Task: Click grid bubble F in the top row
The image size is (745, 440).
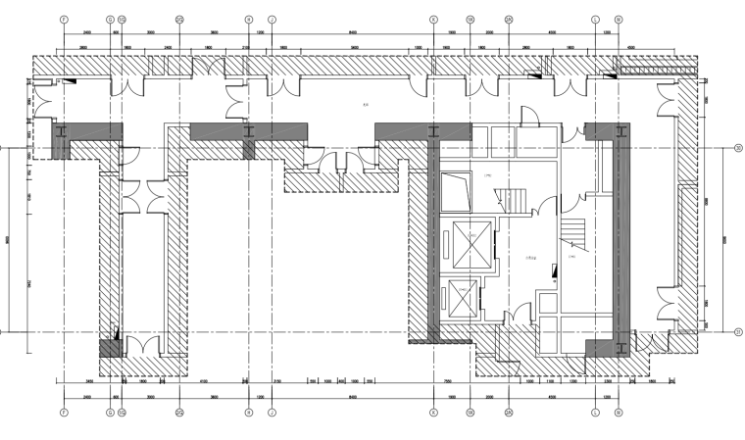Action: tap(64, 19)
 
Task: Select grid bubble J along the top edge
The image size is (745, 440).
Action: tap(272, 19)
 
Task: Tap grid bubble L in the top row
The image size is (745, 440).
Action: tap(595, 19)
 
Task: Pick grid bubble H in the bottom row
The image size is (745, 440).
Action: tap(248, 413)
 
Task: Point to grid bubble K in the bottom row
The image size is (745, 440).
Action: tap(432, 413)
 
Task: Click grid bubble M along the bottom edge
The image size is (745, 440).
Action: tap(618, 413)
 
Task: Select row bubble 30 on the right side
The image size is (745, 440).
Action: tap(736, 148)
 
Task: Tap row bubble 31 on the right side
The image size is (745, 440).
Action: tap(736, 332)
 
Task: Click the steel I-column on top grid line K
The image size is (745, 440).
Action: tap(432, 130)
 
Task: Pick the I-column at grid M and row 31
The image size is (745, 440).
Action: tap(618, 344)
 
